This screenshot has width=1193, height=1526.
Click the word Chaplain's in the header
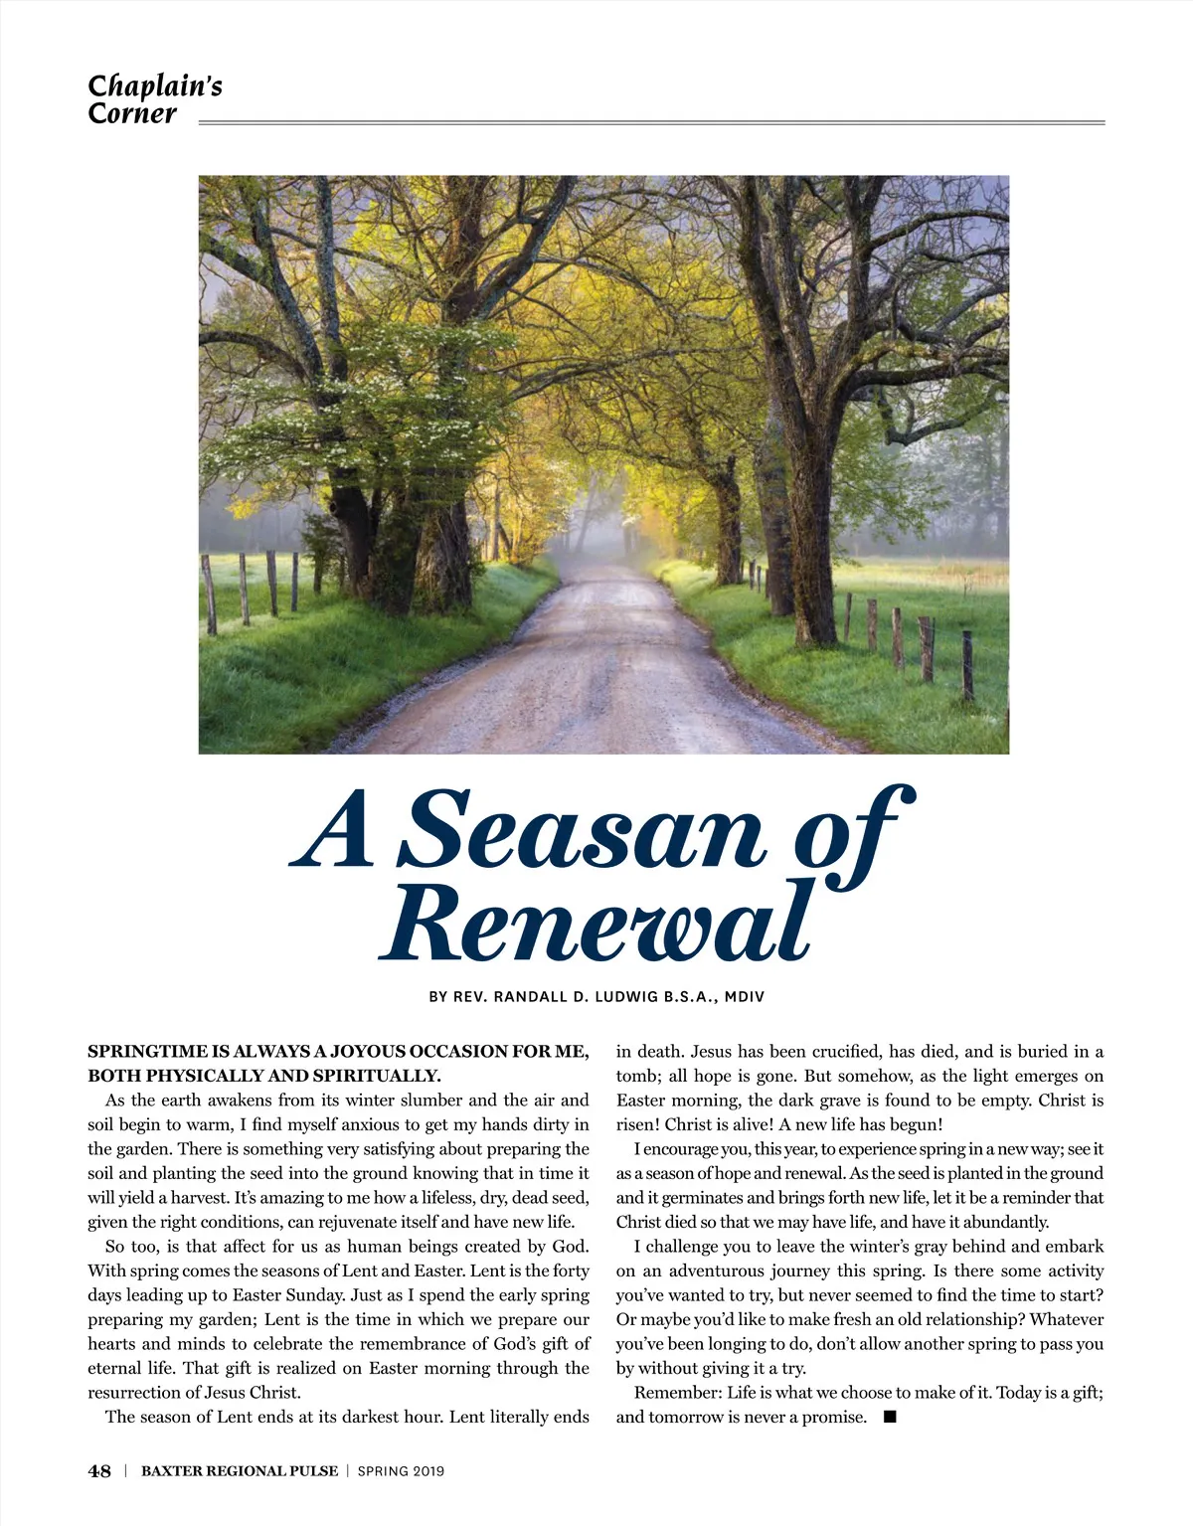click(154, 86)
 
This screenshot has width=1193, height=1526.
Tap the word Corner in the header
click(131, 113)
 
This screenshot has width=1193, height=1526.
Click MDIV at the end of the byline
click(745, 996)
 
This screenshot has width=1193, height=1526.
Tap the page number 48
click(99, 1471)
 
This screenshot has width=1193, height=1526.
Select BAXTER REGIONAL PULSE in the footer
click(240, 1471)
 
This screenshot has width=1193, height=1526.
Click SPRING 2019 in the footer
click(401, 1471)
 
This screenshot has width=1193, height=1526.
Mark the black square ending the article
click(890, 1416)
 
